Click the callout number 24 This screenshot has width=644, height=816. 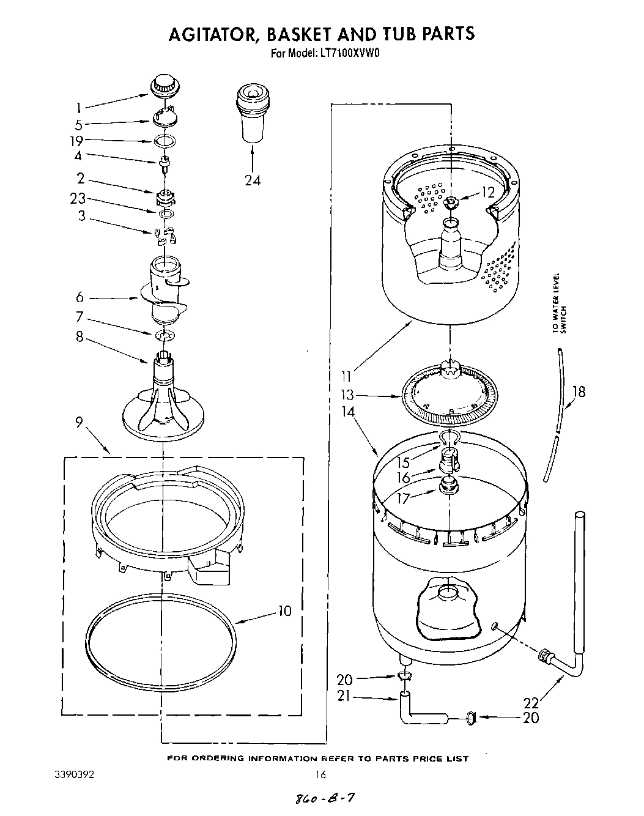pyautogui.click(x=252, y=180)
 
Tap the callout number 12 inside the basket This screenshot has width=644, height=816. pyautogui.click(x=487, y=192)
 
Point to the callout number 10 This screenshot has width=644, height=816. pyautogui.click(x=284, y=610)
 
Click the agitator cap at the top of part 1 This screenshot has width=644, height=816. pyautogui.click(x=162, y=86)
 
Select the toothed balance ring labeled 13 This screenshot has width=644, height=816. pyautogui.click(x=450, y=397)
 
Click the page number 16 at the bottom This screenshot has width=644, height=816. pyautogui.click(x=320, y=774)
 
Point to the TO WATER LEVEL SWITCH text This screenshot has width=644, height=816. pyautogui.click(x=559, y=303)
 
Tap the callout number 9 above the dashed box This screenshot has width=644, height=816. pyautogui.click(x=80, y=423)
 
